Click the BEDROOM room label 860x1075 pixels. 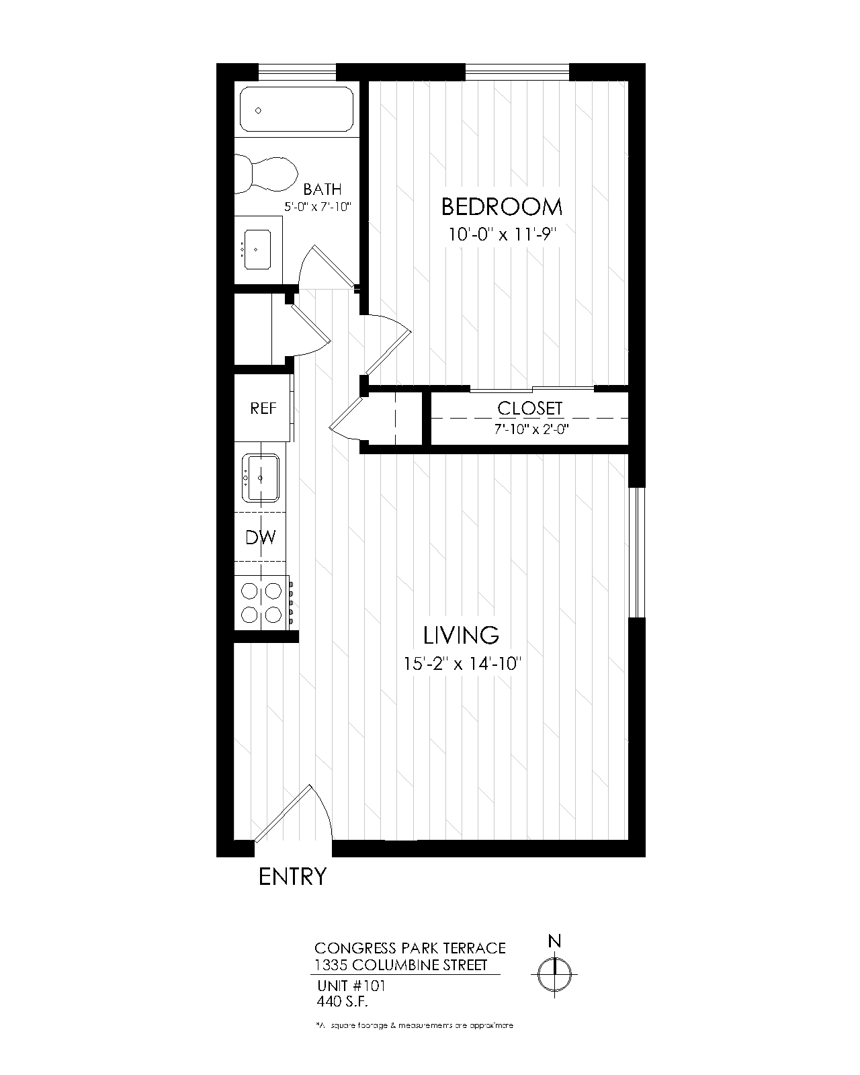pos(501,207)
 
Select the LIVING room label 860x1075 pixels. pos(461,635)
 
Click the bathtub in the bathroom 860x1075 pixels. pos(296,110)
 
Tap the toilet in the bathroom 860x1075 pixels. pos(266,173)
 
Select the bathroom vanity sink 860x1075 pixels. pos(257,249)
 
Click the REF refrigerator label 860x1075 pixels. pos(263,408)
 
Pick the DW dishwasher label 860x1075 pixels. pos(260,537)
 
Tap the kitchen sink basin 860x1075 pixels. pos(261,478)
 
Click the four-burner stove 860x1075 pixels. pos(261,603)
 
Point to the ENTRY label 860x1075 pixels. pos(292,877)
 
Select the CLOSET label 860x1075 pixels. pos(529,408)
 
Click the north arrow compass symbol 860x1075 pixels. pos(554,972)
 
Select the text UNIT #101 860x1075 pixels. pos(351,986)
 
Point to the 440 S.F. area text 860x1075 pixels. pos(343,1001)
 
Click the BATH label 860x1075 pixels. pos(322,189)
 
